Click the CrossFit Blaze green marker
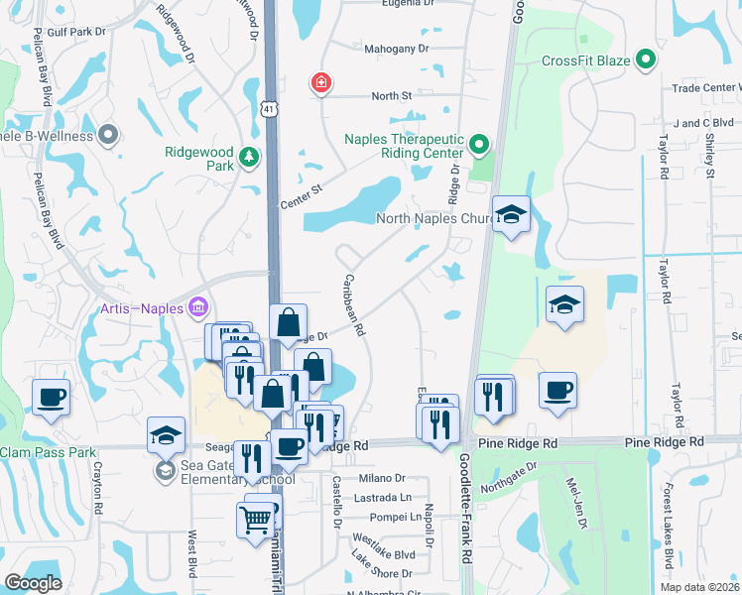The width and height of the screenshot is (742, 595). (647, 60)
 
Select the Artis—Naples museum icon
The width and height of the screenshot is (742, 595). (197, 307)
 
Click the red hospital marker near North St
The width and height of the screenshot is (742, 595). (320, 82)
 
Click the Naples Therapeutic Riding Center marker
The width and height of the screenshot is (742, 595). (479, 146)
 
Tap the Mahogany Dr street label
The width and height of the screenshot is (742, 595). (396, 48)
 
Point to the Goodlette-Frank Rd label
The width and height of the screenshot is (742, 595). (465, 507)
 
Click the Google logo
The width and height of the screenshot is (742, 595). (33, 582)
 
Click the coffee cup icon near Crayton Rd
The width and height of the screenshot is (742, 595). (51, 399)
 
